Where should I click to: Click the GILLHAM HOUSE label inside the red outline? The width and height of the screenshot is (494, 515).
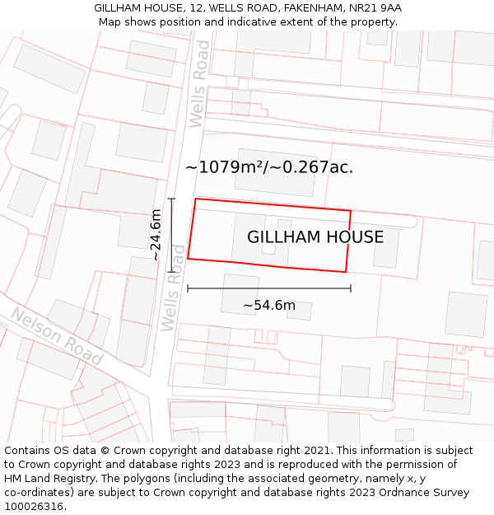pos(315,237)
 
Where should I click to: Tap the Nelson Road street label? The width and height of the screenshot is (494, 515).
pos(56,337)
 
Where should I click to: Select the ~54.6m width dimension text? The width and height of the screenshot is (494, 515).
pos(268,306)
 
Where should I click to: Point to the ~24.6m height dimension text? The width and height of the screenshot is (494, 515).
pos(156,235)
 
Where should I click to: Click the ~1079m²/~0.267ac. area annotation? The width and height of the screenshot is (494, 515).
pos(269,167)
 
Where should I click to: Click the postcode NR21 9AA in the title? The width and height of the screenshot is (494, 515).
pos(376,8)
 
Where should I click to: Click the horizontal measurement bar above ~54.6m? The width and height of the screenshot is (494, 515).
pos(269,288)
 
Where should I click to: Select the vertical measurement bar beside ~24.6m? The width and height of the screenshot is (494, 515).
pos(171,235)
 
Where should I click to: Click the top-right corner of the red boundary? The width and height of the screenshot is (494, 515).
pos(351,211)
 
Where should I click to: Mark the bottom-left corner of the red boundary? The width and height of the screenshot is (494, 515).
pos(188,259)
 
